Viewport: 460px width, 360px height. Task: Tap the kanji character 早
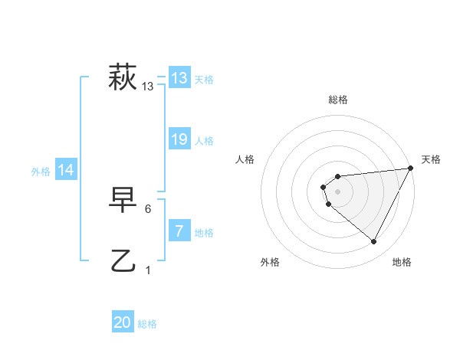[x=123, y=200]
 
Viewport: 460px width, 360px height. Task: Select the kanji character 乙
[x=123, y=260]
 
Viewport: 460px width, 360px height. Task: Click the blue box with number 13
[x=179, y=77]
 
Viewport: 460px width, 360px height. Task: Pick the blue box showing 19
[x=179, y=139]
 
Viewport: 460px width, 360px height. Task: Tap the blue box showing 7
[x=179, y=231]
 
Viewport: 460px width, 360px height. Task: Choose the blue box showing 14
[x=67, y=170]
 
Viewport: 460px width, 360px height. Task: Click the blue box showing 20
[x=123, y=322]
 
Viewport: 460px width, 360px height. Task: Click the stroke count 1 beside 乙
[x=148, y=270]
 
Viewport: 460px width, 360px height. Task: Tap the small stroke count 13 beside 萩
[x=148, y=87]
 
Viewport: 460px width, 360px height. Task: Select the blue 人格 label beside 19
[x=204, y=141]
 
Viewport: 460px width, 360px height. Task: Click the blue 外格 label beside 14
[x=41, y=172]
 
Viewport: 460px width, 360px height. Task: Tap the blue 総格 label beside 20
[x=147, y=324]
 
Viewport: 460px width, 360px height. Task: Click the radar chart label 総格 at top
[x=338, y=100]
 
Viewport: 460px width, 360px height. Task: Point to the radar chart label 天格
[x=431, y=159]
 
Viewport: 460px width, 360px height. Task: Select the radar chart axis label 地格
[x=402, y=263]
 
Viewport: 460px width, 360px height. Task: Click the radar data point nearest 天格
[x=411, y=169]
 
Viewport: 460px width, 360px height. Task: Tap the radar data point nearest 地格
[x=374, y=242]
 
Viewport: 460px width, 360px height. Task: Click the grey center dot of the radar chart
[x=338, y=191]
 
